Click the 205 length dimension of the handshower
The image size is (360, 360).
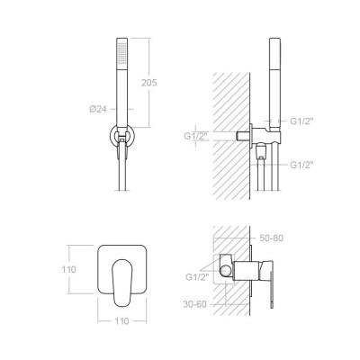pyautogui.click(x=149, y=83)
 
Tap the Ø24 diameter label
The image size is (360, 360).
pyautogui.click(x=98, y=109)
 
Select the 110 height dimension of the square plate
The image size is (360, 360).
pyautogui.click(x=69, y=269)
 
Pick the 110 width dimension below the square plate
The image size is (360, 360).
pyautogui.click(x=121, y=321)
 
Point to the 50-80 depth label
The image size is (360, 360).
pyautogui.click(x=271, y=238)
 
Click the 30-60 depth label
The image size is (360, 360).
pyautogui.click(x=195, y=304)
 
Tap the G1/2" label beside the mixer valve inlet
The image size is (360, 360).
pyautogui.click(x=197, y=277)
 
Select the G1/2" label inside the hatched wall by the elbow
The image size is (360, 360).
pyautogui.click(x=195, y=136)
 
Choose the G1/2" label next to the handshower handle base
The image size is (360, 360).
pyautogui.click(x=301, y=121)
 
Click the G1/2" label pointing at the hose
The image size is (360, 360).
pyautogui.click(x=301, y=165)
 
